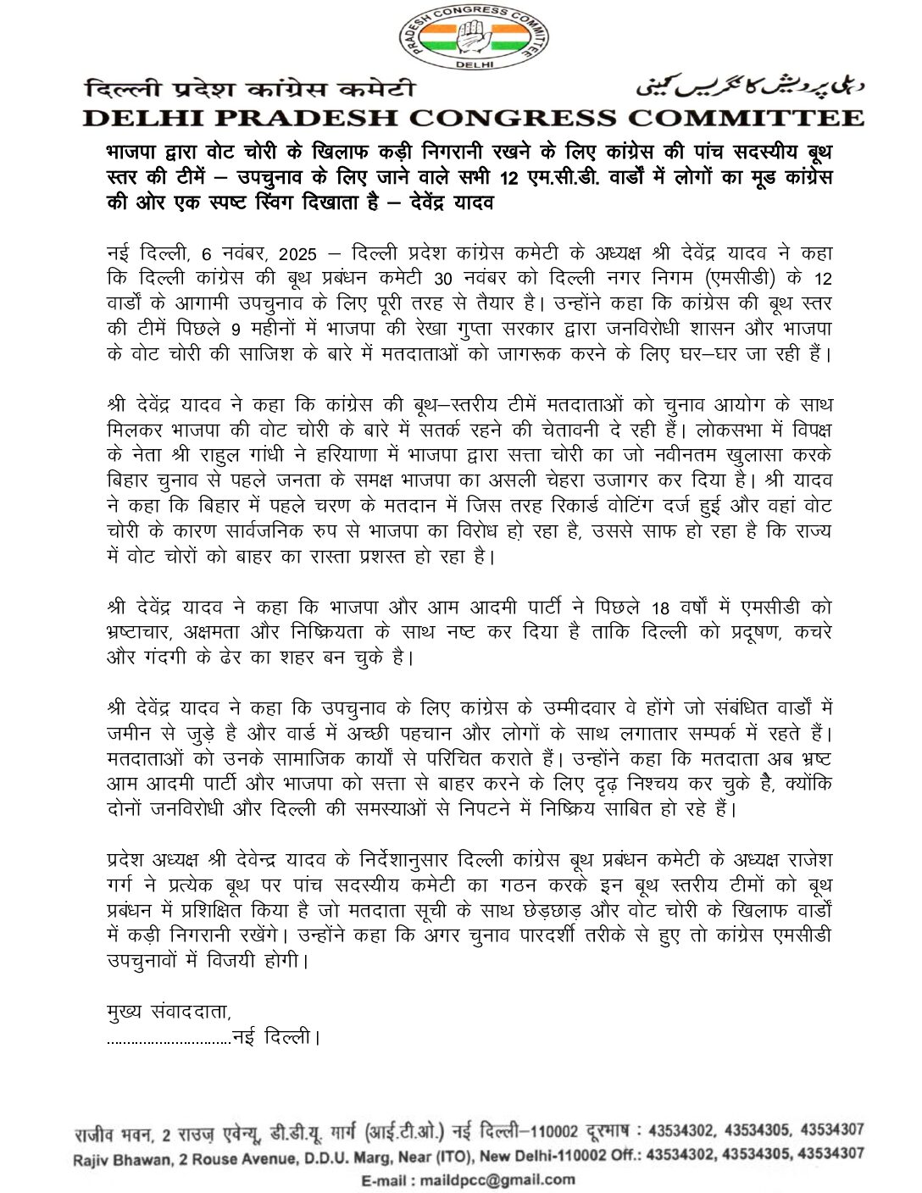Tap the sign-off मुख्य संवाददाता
tap(169, 1013)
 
